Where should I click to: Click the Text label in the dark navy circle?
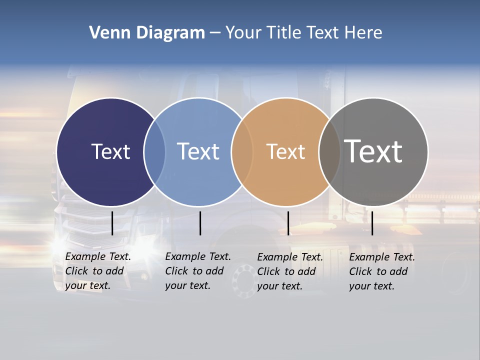coord(110,151)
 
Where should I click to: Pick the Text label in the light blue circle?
coord(198,151)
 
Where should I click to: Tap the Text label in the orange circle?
coord(285,152)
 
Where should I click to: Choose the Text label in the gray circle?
coord(373,151)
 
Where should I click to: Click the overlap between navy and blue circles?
coord(154,152)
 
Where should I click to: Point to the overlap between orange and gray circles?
coord(329,152)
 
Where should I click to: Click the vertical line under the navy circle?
coord(112,223)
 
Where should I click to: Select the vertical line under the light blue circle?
coord(200,223)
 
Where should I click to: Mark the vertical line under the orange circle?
coord(288,223)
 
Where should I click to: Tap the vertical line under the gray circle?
coord(372,223)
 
